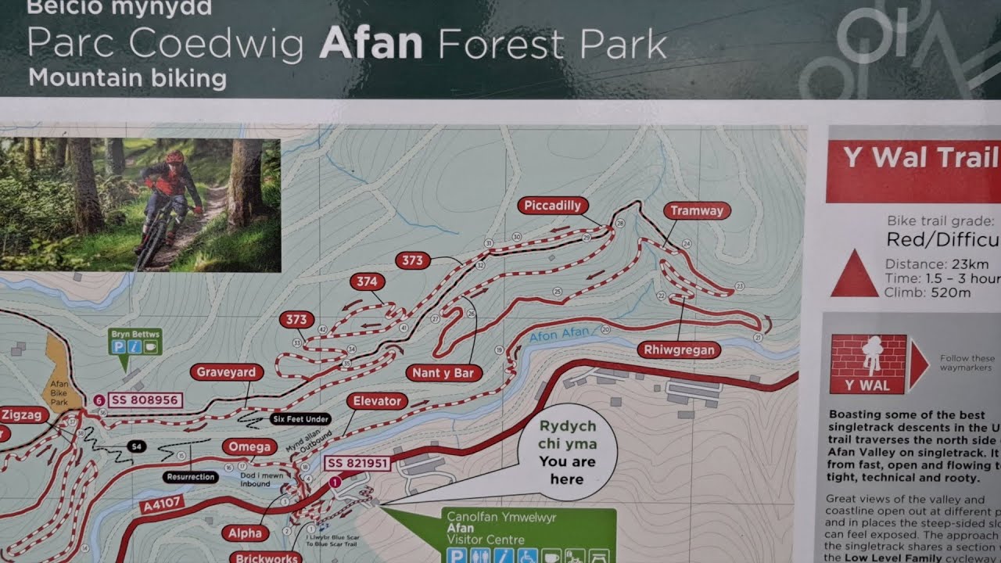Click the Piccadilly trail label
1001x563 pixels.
pyautogui.click(x=552, y=206)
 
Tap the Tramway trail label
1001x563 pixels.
pyautogui.click(x=697, y=210)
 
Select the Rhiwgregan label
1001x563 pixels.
pyautogui.click(x=680, y=350)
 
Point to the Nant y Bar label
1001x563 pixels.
pyautogui.click(x=443, y=373)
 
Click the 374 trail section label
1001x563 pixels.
pyautogui.click(x=367, y=281)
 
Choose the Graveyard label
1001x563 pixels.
pyautogui.click(x=225, y=372)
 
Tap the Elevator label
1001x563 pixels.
pyautogui.click(x=376, y=401)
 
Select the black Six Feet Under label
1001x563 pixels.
pyautogui.click(x=300, y=419)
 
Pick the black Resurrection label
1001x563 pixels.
pyautogui.click(x=191, y=476)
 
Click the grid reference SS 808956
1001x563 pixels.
pyautogui.click(x=145, y=400)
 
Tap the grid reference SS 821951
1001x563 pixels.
pyautogui.click(x=357, y=463)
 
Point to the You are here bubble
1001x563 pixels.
pyautogui.click(x=567, y=453)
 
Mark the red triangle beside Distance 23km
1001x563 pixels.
pyautogui.click(x=854, y=274)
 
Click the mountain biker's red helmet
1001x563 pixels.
pyautogui.click(x=174, y=157)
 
